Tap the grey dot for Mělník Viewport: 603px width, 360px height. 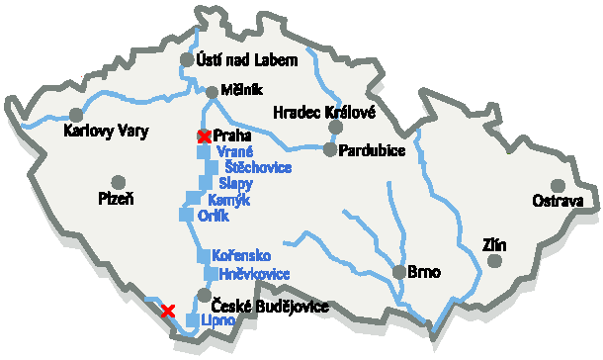(x=212, y=93)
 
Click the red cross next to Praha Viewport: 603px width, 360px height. (x=205, y=135)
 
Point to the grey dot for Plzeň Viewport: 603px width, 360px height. (x=119, y=181)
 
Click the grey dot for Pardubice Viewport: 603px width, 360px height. (x=329, y=149)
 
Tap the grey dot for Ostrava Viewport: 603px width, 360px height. (x=558, y=185)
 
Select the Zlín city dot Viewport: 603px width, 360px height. (x=494, y=260)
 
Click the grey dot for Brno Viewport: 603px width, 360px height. (x=398, y=272)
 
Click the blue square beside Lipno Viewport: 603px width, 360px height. (x=192, y=319)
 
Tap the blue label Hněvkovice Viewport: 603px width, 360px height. (x=253, y=274)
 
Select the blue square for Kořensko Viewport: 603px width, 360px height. (x=203, y=256)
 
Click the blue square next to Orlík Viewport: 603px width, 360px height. (x=185, y=215)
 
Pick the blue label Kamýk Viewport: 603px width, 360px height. (x=229, y=200)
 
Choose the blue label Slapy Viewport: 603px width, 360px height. (x=235, y=184)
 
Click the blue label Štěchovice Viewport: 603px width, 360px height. (x=258, y=167)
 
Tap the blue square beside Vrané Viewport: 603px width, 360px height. (x=204, y=152)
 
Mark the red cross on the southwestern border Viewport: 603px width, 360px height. (x=169, y=310)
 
